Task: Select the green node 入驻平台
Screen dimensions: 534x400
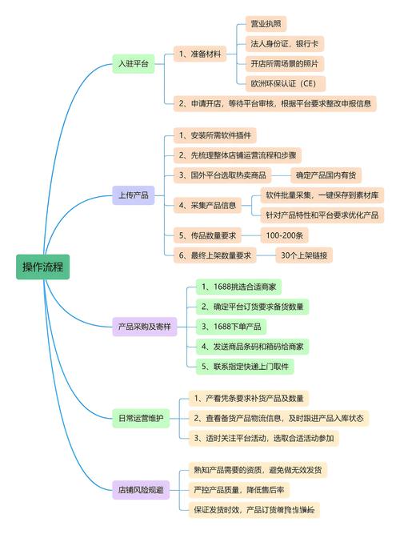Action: click(133, 65)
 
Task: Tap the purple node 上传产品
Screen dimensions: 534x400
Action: click(133, 195)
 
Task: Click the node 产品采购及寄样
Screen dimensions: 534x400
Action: click(144, 326)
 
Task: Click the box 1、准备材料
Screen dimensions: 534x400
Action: click(200, 54)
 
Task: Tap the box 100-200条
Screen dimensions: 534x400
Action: click(282, 235)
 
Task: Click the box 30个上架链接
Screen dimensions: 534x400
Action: click(304, 255)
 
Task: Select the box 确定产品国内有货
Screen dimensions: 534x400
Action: click(326, 175)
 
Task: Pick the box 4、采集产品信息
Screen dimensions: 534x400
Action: click(207, 205)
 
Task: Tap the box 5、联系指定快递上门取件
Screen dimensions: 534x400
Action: click(245, 366)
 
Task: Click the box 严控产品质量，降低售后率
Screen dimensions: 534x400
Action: click(242, 488)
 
